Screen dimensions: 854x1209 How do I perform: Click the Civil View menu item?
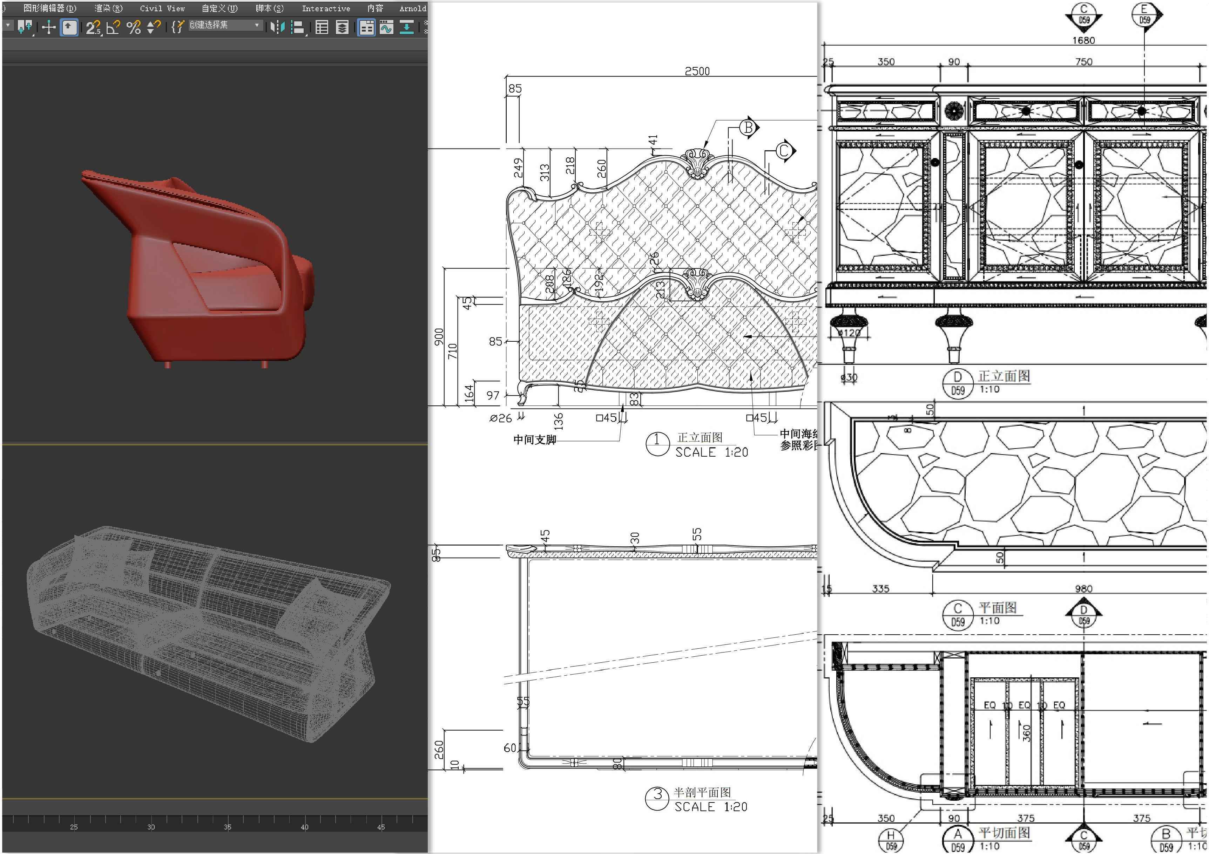tap(162, 8)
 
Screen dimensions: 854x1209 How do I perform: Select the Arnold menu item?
tap(412, 8)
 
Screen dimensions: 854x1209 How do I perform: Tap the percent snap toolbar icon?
tap(134, 27)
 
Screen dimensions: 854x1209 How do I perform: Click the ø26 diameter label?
tap(500, 418)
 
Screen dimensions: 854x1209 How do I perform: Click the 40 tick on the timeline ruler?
tap(304, 827)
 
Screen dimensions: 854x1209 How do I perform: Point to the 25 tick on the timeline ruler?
tap(74, 827)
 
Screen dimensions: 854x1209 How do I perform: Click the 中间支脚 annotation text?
tap(534, 440)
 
